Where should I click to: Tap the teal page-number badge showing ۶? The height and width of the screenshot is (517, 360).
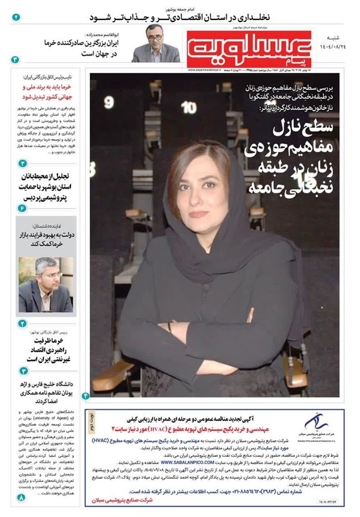coord(23,209)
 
